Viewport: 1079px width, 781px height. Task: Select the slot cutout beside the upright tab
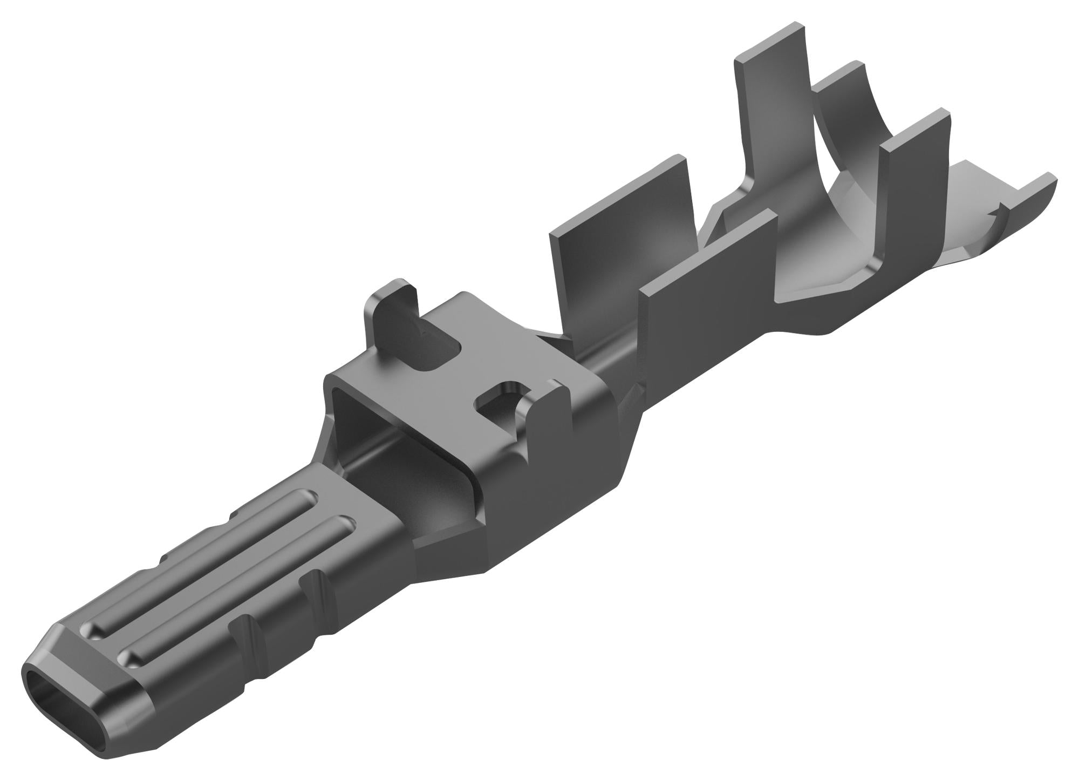pos(440,354)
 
